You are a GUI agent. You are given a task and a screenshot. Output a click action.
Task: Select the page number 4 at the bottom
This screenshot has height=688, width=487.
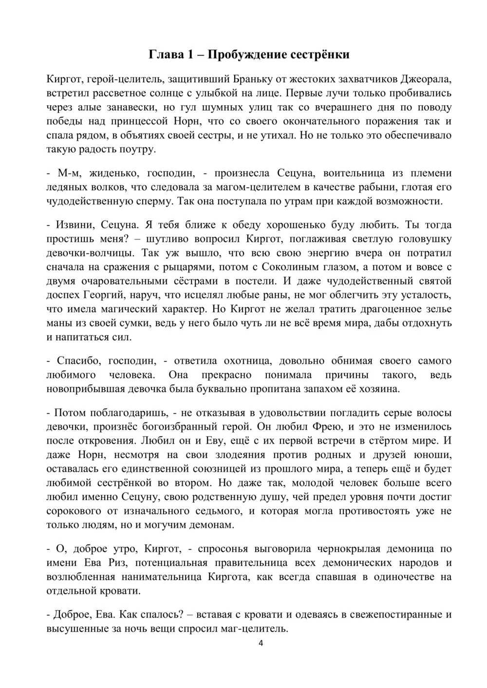point(261,643)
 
